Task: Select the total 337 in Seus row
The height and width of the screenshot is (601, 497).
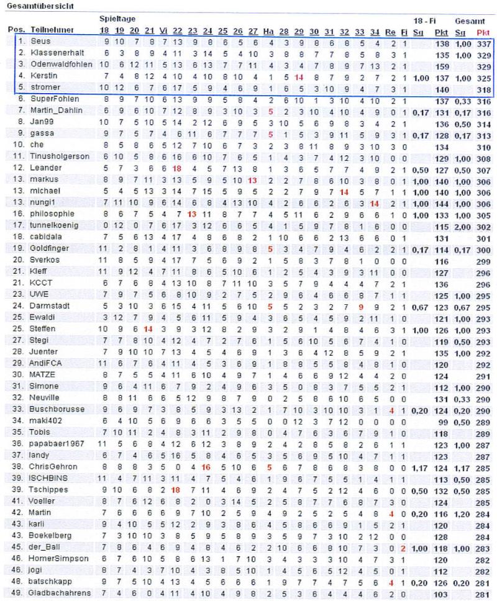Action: pos(483,43)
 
